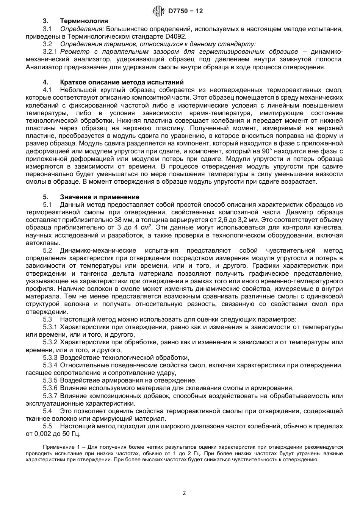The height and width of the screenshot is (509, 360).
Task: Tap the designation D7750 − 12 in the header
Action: point(185,11)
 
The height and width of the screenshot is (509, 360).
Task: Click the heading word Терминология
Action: point(84,21)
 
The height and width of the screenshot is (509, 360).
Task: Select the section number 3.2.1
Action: point(50,52)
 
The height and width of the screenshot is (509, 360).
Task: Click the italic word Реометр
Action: point(74,52)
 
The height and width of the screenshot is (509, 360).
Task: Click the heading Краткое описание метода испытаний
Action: point(122,82)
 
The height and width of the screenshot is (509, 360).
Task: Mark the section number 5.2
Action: point(47,250)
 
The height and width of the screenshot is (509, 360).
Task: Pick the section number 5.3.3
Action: point(50,357)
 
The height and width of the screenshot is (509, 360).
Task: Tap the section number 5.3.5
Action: point(50,380)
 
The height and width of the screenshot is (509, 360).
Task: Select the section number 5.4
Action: point(47,411)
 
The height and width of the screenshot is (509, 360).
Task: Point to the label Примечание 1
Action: point(63,447)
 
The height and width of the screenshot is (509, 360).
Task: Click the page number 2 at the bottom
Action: point(184,493)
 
